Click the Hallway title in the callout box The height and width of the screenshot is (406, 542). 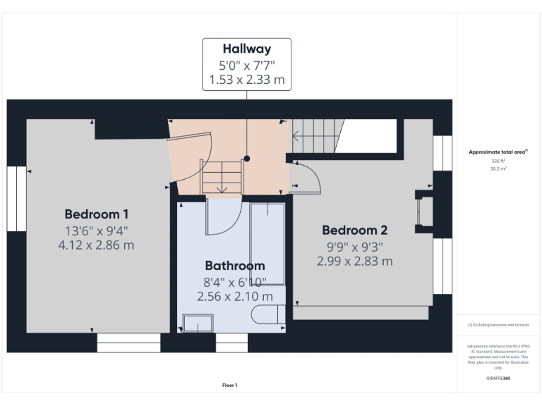click(x=247, y=49)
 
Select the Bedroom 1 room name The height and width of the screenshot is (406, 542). click(x=97, y=214)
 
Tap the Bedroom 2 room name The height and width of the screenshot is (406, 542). click(x=354, y=230)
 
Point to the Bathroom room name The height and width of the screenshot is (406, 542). click(x=235, y=266)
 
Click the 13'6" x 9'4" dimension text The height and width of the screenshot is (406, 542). click(x=97, y=230)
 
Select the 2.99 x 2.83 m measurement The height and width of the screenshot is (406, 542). click(x=354, y=261)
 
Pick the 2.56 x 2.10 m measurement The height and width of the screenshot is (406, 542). click(x=235, y=297)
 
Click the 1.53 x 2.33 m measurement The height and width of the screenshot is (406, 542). click(x=247, y=80)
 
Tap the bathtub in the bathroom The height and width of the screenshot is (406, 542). click(x=267, y=243)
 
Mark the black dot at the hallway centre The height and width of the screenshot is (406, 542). click(x=247, y=159)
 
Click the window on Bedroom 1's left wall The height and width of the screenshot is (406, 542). click(x=16, y=199)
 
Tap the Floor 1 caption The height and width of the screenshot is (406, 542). click(x=229, y=385)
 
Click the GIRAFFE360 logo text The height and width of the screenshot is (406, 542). click(x=498, y=379)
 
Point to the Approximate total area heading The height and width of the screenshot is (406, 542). click(x=498, y=152)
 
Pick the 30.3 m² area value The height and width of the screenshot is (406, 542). click(x=498, y=169)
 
